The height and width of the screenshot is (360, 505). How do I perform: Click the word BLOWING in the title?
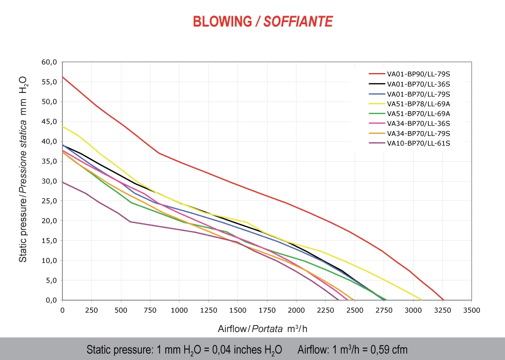point(222,21)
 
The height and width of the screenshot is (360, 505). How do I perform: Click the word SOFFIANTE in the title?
point(298,21)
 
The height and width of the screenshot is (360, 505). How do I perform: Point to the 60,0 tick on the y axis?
point(49,62)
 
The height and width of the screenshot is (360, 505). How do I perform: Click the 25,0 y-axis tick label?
point(49,201)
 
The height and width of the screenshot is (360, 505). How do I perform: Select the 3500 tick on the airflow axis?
point(471,311)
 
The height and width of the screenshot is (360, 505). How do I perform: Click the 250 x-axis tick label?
point(92,311)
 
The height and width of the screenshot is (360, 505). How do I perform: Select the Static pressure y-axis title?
point(24,169)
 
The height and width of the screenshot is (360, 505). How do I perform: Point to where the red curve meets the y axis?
point(63,77)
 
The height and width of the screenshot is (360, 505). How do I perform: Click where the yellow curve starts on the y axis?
point(63,126)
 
